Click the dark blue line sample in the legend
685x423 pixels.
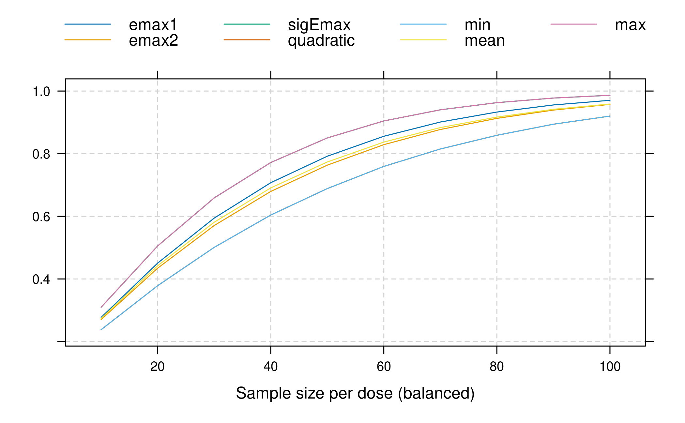[88, 24]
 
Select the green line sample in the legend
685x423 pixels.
[247, 24]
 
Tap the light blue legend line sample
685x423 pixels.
[423, 24]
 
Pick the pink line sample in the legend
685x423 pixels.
[574, 24]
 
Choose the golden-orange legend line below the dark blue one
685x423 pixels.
[88, 40]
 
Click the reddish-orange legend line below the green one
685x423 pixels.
[247, 40]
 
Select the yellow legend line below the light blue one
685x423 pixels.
[423, 40]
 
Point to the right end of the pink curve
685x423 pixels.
[610, 95]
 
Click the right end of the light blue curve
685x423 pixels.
[610, 116]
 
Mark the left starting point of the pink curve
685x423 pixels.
[101, 307]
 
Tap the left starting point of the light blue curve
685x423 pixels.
[101, 330]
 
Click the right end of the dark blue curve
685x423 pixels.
[610, 100]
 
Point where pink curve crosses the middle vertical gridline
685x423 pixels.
[384, 121]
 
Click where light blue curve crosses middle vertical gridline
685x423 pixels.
[384, 167]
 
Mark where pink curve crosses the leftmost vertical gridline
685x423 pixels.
[158, 246]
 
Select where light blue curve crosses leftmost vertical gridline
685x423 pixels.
[158, 286]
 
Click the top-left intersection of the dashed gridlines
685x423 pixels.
[158, 91]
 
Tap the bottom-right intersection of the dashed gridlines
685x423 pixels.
[610, 341]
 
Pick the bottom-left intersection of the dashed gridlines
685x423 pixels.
[158, 341]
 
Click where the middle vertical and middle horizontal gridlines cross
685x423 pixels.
[384, 216]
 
